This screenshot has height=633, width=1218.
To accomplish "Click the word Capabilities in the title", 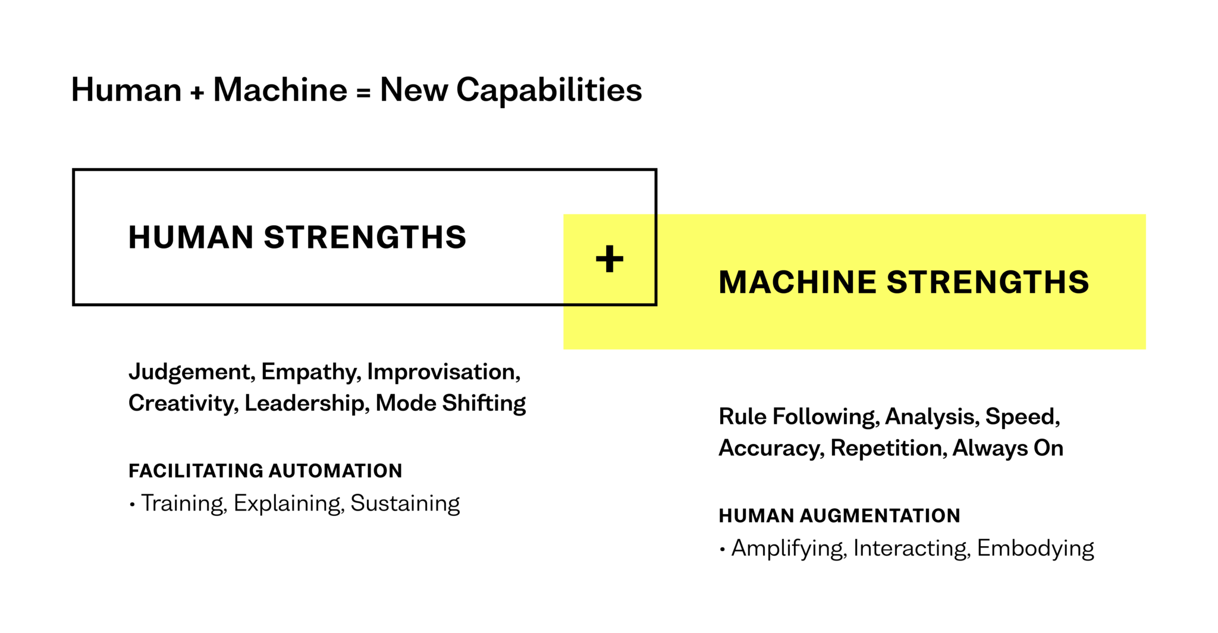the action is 548,90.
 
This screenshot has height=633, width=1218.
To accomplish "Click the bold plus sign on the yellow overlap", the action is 609,259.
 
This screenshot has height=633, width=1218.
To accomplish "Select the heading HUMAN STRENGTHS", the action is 297,237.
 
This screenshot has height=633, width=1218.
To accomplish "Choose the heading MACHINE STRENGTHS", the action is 903,282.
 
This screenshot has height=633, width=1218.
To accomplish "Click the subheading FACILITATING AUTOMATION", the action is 265,471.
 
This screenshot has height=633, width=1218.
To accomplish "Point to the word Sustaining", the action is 405,503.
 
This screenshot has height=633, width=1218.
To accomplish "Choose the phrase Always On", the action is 1007,448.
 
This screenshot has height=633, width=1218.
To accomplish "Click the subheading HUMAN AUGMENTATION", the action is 839,516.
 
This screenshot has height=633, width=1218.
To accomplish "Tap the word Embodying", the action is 1035,548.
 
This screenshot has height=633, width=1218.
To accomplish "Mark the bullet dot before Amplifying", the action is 723,550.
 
